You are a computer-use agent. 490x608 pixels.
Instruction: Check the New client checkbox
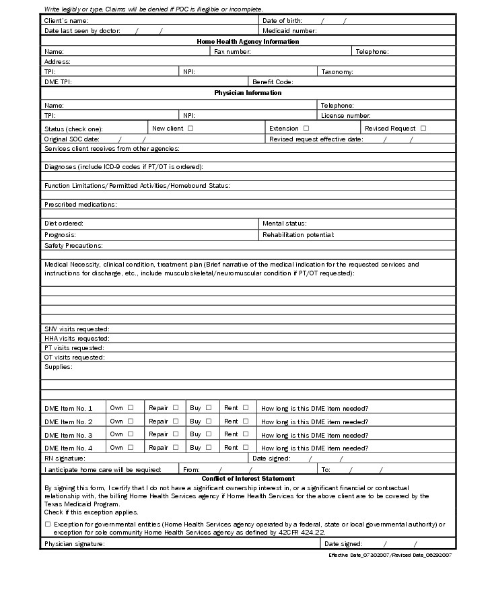(190, 128)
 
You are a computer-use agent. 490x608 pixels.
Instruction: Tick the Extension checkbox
(306, 128)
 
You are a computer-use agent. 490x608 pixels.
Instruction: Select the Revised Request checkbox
(423, 128)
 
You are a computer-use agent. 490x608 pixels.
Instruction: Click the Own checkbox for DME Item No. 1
(131, 407)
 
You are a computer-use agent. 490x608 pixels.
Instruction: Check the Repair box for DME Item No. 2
(176, 421)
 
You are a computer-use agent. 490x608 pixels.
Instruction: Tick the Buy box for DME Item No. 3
(209, 434)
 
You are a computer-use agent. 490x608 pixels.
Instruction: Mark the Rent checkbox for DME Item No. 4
(246, 447)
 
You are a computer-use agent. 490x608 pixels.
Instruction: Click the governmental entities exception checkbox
(48, 523)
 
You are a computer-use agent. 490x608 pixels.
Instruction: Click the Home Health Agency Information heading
(248, 42)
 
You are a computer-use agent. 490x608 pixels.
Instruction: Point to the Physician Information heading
(248, 93)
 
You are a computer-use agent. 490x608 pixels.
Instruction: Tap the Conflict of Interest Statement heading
(248, 479)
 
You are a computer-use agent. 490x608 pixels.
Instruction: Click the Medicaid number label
(289, 31)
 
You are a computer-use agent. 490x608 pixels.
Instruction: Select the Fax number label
(232, 52)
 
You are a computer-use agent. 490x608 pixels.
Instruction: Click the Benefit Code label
(273, 82)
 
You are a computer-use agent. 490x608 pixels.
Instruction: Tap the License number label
(346, 116)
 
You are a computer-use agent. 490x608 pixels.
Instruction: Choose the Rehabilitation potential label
(298, 235)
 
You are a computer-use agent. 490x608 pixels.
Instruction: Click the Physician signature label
(75, 543)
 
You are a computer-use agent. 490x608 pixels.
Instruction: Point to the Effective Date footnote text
(390, 555)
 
